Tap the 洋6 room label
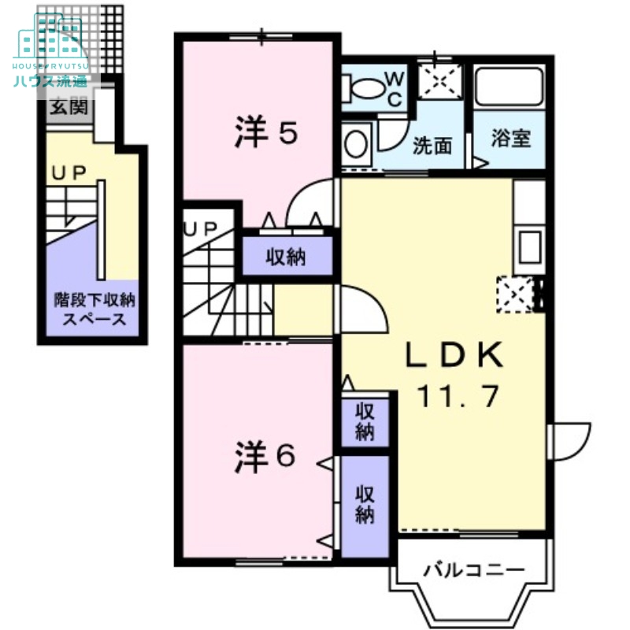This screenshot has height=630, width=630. (x=265, y=458)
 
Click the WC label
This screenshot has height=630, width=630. (x=394, y=90)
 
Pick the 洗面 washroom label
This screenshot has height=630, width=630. (x=432, y=146)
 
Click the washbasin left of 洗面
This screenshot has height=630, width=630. (x=356, y=144)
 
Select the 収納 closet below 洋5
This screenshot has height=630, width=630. (x=285, y=257)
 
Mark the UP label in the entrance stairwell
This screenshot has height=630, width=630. (x=69, y=173)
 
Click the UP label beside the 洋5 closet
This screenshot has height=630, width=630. (x=200, y=228)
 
